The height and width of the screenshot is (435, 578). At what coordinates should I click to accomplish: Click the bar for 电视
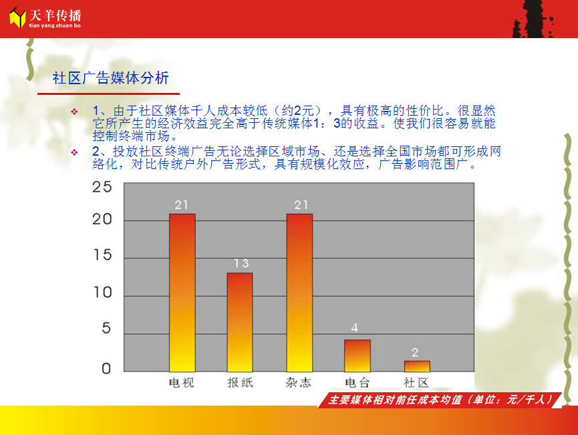click(x=182, y=293)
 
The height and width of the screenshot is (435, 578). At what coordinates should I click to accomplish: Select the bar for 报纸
click(x=240, y=322)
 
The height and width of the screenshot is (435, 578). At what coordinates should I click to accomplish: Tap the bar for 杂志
click(x=299, y=293)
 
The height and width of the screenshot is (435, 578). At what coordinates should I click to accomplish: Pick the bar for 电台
click(x=357, y=355)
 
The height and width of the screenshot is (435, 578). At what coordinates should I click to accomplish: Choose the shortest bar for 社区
click(x=417, y=366)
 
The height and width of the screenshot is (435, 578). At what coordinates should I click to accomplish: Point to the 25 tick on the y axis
click(x=102, y=187)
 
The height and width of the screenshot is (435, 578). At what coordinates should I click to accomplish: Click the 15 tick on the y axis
click(x=102, y=255)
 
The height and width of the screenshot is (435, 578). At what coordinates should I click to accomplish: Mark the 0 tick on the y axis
click(x=106, y=368)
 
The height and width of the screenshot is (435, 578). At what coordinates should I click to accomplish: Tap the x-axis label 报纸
click(x=241, y=383)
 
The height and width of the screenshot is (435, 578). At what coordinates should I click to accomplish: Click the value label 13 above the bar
click(x=241, y=263)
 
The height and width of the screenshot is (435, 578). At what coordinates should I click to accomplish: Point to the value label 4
click(x=355, y=327)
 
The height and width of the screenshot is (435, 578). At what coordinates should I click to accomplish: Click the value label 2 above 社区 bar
click(x=415, y=352)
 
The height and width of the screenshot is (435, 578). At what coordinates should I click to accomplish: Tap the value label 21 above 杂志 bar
click(x=301, y=205)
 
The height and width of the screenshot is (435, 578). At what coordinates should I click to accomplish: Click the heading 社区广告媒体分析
click(x=110, y=78)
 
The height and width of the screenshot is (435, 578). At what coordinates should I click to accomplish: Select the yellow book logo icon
click(x=17, y=18)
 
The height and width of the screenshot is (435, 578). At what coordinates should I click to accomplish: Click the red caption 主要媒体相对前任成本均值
click(x=395, y=400)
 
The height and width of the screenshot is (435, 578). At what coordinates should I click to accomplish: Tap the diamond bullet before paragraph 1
click(x=74, y=112)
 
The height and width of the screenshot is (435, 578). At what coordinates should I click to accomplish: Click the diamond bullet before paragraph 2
click(x=74, y=152)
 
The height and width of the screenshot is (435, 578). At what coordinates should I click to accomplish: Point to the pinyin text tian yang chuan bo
click(x=55, y=25)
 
